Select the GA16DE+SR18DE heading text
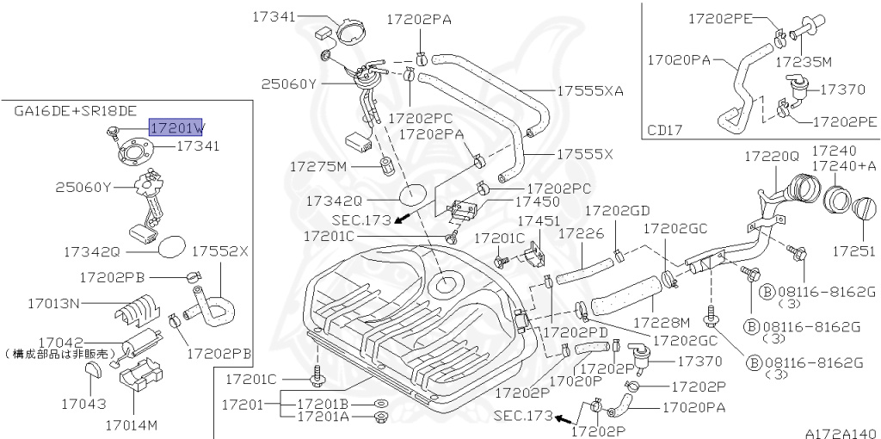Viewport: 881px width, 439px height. click(x=75, y=111)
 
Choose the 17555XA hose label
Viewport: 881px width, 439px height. click(x=589, y=90)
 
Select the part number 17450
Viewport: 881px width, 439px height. click(x=538, y=201)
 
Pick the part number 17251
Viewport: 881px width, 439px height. click(x=853, y=251)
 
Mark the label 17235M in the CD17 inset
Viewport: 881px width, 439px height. click(x=803, y=62)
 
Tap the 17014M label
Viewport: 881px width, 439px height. click(x=132, y=424)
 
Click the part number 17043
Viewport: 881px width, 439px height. click(x=83, y=402)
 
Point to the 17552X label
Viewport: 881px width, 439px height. click(x=219, y=251)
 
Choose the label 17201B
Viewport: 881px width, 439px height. click(x=323, y=403)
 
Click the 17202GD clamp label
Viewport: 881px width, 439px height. click(x=617, y=210)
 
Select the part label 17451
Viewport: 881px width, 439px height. click(x=538, y=221)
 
